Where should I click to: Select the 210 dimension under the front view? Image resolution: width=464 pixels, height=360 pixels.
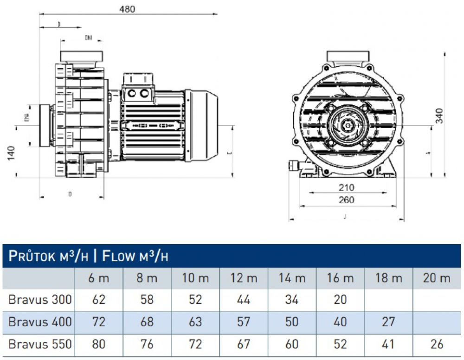pos(346,188)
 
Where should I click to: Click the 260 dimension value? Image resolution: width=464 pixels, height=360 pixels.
pos(346,200)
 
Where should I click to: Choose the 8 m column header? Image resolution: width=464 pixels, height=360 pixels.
pos(147,278)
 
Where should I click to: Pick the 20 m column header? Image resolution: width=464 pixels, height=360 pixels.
pos(437,278)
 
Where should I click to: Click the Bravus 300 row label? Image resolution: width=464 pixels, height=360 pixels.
pos(40,300)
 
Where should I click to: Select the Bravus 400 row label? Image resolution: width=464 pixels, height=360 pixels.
pos(40,321)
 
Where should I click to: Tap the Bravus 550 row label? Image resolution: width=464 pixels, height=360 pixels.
pos(40,344)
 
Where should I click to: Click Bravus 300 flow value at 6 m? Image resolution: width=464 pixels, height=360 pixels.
pos(98,300)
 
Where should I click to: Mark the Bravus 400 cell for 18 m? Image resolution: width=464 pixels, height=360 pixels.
pos(388,321)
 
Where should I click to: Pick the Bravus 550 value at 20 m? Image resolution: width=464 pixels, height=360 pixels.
pos(437,344)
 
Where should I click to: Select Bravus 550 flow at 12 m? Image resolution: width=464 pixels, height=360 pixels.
pos(243,344)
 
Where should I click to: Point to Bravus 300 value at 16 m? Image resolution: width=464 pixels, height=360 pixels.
pos(340,300)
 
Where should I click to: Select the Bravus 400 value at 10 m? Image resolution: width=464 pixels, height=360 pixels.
pos(195,321)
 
